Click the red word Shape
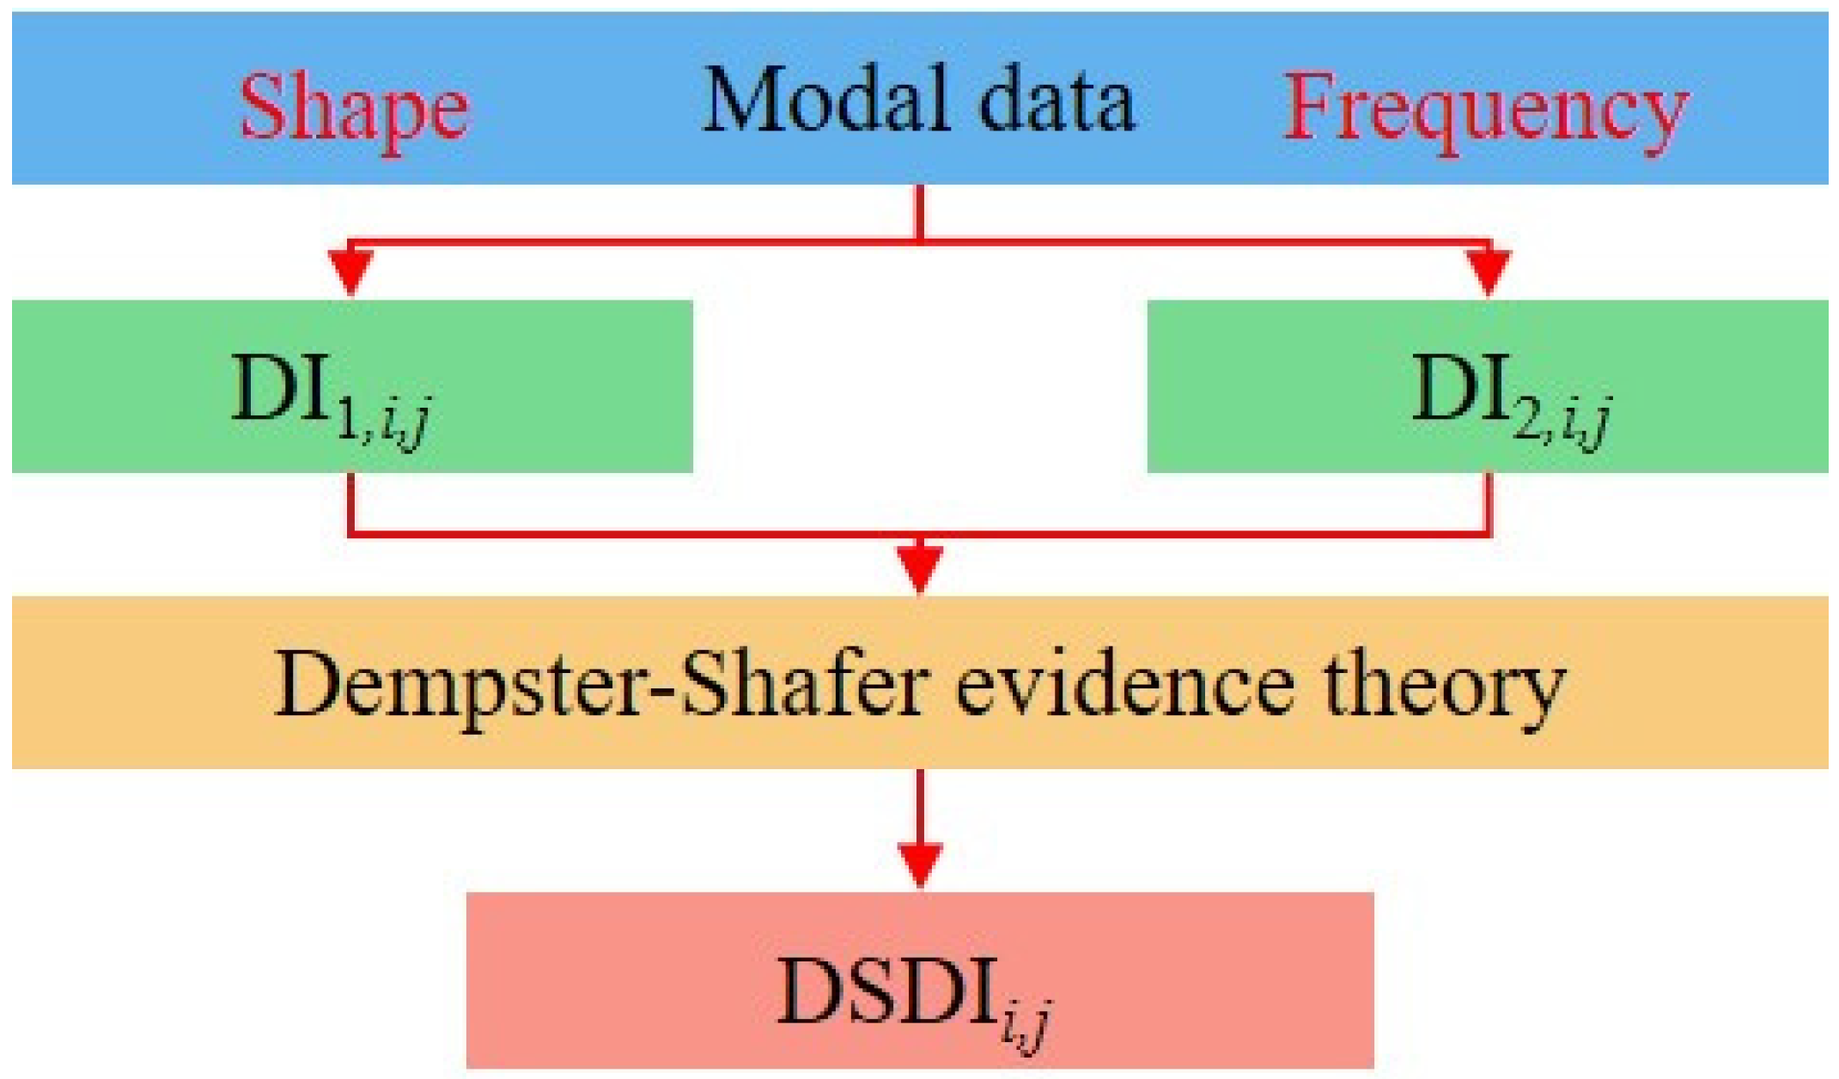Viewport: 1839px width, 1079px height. coord(354,110)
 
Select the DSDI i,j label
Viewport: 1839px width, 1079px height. coord(915,996)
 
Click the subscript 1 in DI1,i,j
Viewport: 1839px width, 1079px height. coord(349,422)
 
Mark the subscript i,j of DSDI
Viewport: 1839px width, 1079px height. coord(1026,1026)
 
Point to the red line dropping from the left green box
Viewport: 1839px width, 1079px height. coord(350,502)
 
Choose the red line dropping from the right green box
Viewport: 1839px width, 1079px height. coord(1489,502)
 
